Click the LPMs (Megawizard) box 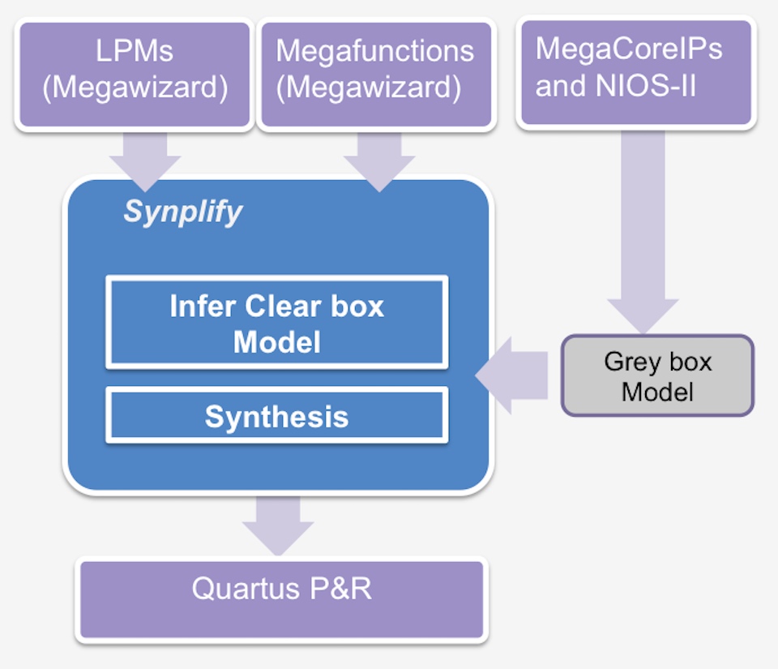point(135,75)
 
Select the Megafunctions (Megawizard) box point(376,75)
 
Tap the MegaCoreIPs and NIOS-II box point(636,72)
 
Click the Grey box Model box point(657,375)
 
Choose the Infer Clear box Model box point(277,323)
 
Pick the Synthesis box point(277,415)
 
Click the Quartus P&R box point(282,599)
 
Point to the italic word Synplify point(182,212)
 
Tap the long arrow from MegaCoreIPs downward point(643,232)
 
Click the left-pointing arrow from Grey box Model point(511,375)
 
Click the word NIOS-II point(646,85)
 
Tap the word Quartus point(246,589)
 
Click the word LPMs point(135,50)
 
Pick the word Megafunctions point(375,50)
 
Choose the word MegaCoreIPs point(629,49)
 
